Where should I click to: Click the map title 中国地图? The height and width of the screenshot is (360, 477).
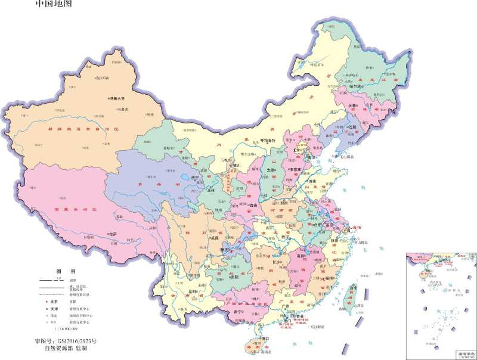(x=53, y=5)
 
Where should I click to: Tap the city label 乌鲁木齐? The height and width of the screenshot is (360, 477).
(x=117, y=98)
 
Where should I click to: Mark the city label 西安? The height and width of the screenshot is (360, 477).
(x=253, y=206)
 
